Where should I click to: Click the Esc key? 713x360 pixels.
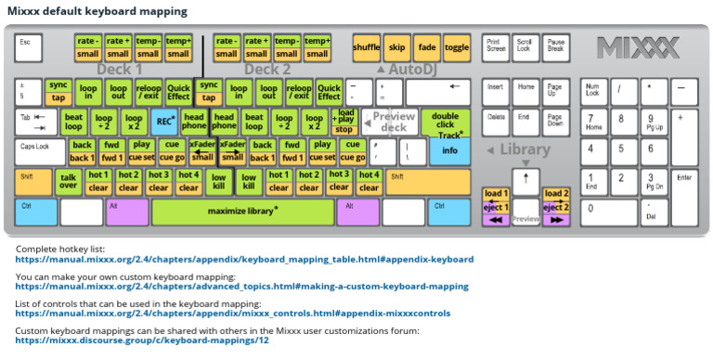28,46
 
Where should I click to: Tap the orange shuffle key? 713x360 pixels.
366,46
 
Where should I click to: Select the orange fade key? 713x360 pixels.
427,46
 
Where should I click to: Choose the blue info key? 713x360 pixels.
449,150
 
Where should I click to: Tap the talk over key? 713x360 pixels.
69,181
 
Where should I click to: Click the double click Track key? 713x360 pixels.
445,122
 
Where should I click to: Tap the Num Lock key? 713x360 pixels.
592,92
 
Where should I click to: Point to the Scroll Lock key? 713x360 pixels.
525,46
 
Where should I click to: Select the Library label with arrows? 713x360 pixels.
525,149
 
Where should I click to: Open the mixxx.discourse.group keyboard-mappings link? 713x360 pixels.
142,341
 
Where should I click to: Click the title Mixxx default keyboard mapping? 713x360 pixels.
100,11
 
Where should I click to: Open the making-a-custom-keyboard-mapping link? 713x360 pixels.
241,287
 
